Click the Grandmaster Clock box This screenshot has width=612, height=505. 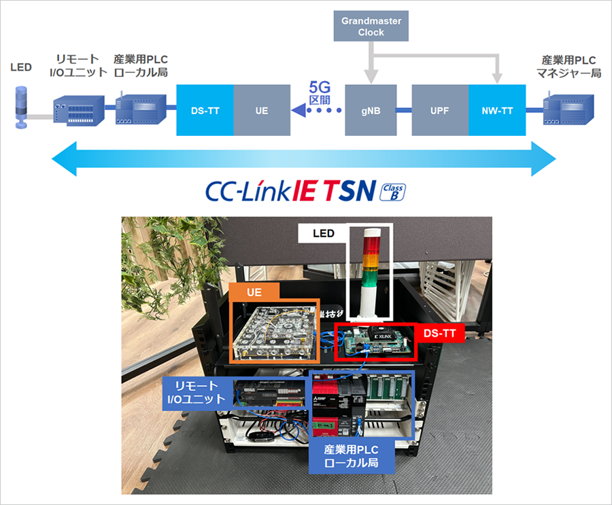click(x=372, y=27)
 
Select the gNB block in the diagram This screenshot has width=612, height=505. click(x=372, y=110)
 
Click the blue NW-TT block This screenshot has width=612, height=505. click(x=497, y=110)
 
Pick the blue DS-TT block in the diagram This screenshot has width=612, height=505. click(x=205, y=110)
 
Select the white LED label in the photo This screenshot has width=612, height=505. click(x=323, y=234)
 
